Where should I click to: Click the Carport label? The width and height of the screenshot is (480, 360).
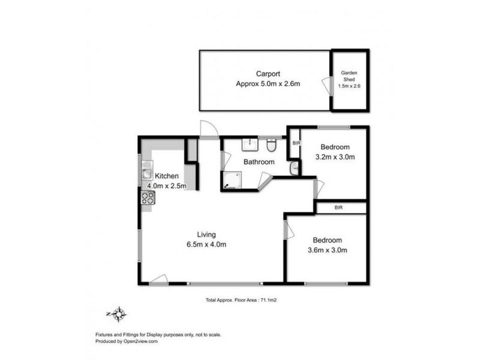click(x=268, y=74)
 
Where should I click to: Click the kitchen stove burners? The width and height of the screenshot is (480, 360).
click(x=148, y=197)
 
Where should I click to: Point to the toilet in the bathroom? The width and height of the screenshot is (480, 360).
click(x=271, y=145)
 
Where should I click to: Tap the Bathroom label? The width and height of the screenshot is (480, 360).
click(x=259, y=162)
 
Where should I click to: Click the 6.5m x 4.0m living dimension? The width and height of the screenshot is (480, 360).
click(x=207, y=244)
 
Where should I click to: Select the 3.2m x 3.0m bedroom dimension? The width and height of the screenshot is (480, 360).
click(x=335, y=158)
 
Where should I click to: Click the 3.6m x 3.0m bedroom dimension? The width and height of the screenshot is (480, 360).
click(x=327, y=250)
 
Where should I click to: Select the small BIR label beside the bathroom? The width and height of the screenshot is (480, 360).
click(x=296, y=143)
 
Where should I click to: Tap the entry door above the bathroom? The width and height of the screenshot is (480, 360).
click(x=207, y=129)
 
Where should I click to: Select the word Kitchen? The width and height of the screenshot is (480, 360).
click(x=167, y=176)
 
